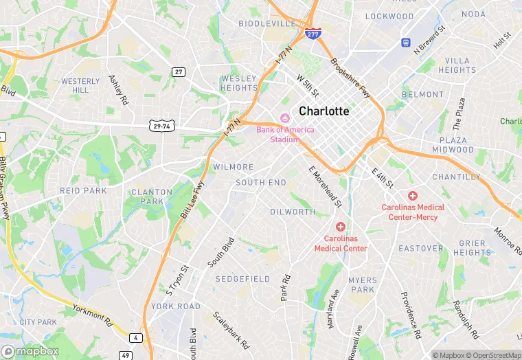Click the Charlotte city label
pos(324,111)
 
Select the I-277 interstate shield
pos(313,34)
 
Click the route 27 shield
pos(179,71)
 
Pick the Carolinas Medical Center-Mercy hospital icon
pos(413,196)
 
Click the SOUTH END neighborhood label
pos(261,183)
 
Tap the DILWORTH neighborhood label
pos(293,212)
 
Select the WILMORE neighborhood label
pos(233,167)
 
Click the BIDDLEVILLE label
pos(266,23)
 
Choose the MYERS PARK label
pos(363,285)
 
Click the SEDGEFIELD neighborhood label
pos(242,279)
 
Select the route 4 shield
pos(137,337)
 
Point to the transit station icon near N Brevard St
pos(406,43)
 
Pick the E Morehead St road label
pos(325,186)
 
